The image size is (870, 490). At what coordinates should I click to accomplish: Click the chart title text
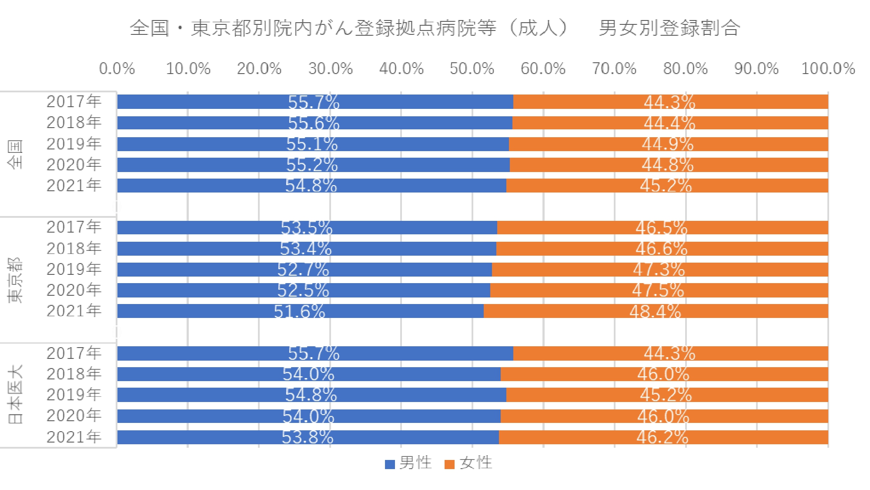click(435, 28)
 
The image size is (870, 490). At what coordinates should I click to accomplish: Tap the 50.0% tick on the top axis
click(472, 69)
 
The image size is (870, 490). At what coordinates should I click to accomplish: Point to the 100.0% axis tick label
click(828, 69)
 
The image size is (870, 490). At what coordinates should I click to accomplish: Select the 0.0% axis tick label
click(117, 69)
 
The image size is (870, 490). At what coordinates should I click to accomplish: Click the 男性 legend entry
click(409, 463)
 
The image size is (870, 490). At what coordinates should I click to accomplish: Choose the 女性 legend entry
click(469, 463)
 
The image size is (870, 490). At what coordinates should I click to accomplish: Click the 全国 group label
click(15, 154)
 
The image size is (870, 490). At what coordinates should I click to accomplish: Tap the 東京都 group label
click(15, 280)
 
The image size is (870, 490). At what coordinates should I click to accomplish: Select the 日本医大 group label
click(15, 394)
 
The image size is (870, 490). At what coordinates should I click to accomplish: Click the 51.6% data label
click(300, 311)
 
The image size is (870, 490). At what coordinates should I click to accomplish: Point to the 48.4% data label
click(655, 311)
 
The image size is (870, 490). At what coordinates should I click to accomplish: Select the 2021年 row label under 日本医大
click(74, 437)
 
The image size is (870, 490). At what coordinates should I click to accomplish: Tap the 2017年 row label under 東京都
click(74, 227)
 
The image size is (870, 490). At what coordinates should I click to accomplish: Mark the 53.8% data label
click(308, 437)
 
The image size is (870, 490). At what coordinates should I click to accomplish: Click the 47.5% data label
click(658, 291)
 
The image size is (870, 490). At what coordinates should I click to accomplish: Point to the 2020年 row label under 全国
click(74, 165)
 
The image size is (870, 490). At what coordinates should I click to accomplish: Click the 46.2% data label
click(663, 437)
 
